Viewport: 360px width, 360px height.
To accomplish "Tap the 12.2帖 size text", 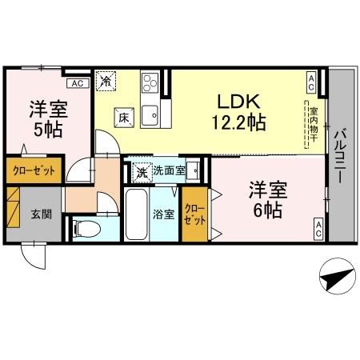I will tap(238, 124).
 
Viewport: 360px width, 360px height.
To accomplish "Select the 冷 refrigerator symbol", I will tap(106, 80).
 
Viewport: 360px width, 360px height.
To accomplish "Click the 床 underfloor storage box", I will tap(123, 117).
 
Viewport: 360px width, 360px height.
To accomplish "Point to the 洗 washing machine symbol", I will tap(141, 170).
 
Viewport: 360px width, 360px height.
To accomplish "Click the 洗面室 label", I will tap(169, 170).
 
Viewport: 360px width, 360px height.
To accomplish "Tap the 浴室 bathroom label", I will tap(163, 214).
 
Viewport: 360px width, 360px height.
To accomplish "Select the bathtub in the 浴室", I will tap(137, 213).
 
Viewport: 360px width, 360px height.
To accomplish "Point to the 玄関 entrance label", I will tap(42, 214).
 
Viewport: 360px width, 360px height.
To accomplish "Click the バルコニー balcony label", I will tap(340, 158).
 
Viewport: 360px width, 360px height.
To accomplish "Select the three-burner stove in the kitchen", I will tap(150, 82).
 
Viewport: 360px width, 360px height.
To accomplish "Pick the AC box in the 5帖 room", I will tap(77, 82).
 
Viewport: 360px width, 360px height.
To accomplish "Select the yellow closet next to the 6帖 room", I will tap(194, 213).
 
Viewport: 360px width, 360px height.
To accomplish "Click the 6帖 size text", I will tap(266, 211).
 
